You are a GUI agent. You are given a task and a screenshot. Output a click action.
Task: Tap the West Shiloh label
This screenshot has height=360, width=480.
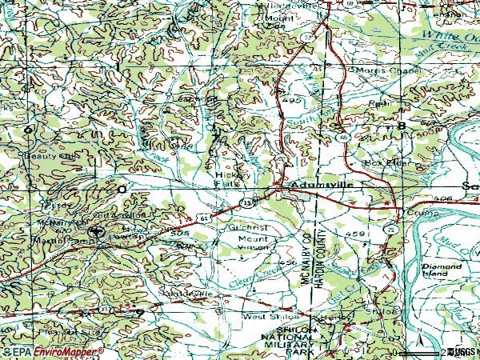pyautogui.click(x=262, y=317)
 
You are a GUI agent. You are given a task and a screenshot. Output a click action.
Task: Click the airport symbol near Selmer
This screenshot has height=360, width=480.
pyautogui.click(x=96, y=233)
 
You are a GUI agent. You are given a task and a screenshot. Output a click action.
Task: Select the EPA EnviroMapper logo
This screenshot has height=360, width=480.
pyautogui.click(x=53, y=351)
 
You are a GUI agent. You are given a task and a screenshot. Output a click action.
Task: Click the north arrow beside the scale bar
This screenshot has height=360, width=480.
pyautogui.click(x=417, y=350)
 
